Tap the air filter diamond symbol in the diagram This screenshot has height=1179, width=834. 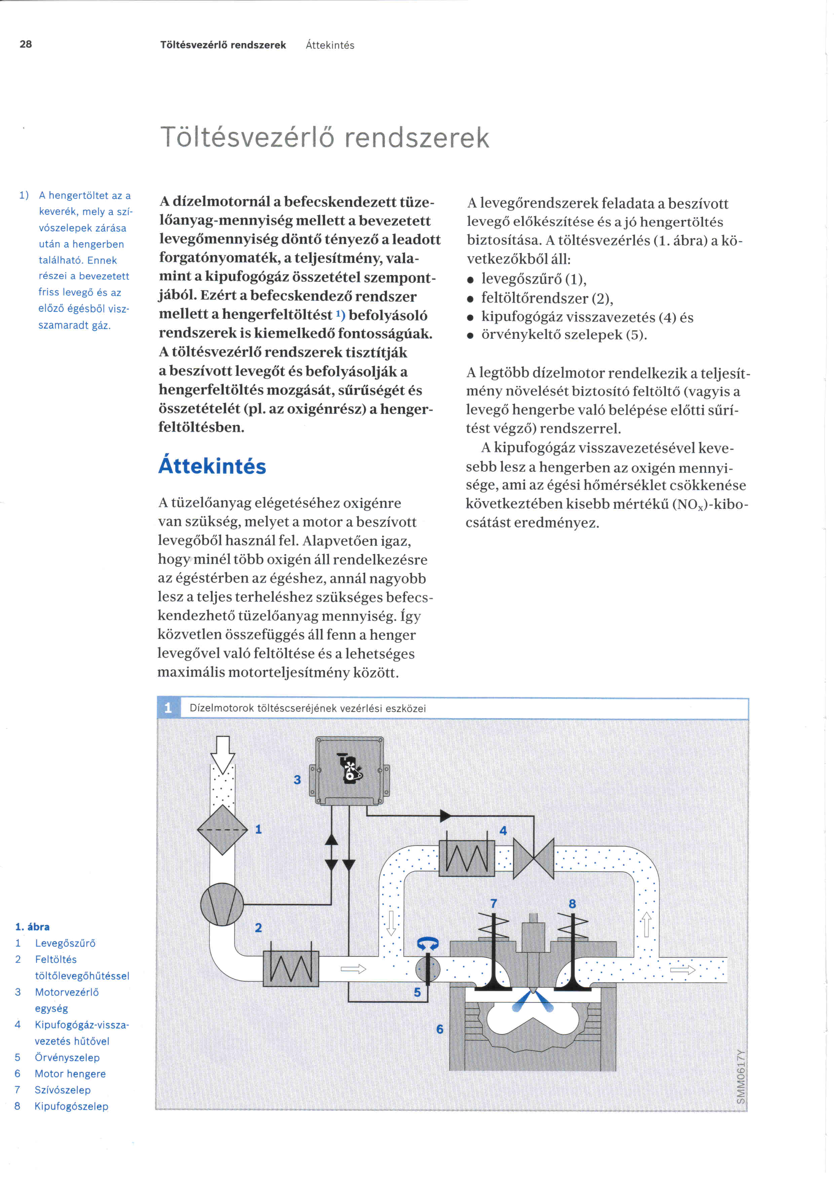point(222,830)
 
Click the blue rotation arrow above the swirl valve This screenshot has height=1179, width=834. point(427,943)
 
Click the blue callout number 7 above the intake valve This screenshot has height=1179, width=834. point(494,903)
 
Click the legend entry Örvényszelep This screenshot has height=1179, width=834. point(67,1057)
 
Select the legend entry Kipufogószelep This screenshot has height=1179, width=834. point(71,1106)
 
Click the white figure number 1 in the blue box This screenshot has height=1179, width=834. point(168,708)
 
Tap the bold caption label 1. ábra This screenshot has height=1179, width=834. point(32,927)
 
